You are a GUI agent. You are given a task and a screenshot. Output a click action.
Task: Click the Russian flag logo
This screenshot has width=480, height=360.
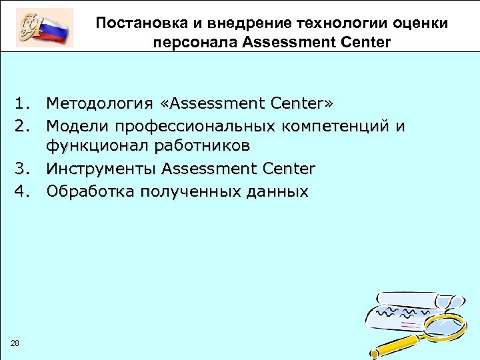pos(44,27)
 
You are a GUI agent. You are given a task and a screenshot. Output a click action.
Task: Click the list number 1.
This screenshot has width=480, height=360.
pos(23,104)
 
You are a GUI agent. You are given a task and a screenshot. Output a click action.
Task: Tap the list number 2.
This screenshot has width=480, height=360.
pos(23,126)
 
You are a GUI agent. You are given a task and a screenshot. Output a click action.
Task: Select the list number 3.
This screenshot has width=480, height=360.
pos(23,170)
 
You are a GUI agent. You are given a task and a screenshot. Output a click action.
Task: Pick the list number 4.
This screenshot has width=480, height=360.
pos(23,192)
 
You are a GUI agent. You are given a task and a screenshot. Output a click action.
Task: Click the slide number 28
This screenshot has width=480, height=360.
pos(15,343)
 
